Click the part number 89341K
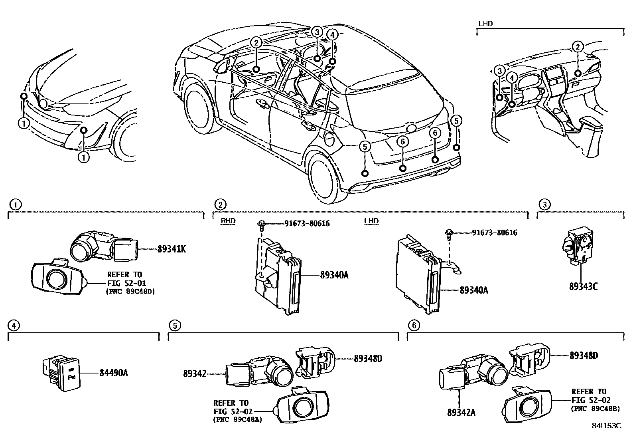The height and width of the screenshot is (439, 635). [x=172, y=249]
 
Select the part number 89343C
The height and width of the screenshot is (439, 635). [x=583, y=286]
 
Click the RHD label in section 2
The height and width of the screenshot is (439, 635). [x=228, y=221]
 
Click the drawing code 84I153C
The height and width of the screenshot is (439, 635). [x=606, y=426]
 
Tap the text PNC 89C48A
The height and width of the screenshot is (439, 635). [x=238, y=419]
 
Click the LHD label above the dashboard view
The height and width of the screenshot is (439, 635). [x=485, y=23]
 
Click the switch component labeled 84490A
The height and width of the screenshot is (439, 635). [x=62, y=373]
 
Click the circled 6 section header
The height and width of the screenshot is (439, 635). [x=414, y=326]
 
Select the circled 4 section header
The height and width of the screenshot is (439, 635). [x=14, y=326]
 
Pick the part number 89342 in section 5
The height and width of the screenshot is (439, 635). [x=195, y=374]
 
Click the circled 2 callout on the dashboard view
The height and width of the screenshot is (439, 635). [x=577, y=47]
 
